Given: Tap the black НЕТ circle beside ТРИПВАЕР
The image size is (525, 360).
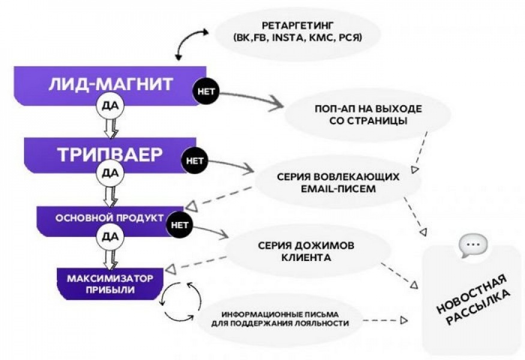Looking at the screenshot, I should pos(195,161).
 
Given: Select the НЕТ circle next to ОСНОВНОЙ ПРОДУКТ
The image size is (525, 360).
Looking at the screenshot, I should pos(180,225).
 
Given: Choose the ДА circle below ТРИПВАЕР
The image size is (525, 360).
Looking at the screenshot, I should pos(110,173).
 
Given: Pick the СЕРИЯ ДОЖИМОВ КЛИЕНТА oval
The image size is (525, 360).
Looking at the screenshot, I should pos(305,252).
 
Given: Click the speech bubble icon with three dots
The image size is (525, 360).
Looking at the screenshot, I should pos(473,245).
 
